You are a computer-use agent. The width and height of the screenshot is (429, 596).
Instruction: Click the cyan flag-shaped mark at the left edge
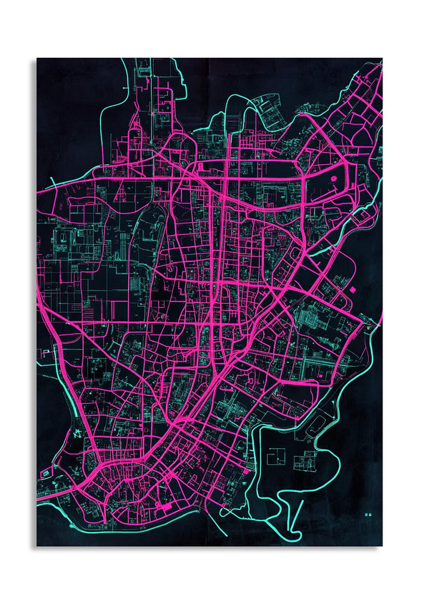(45, 352)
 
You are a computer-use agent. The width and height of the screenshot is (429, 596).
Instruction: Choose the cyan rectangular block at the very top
(143, 71)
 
